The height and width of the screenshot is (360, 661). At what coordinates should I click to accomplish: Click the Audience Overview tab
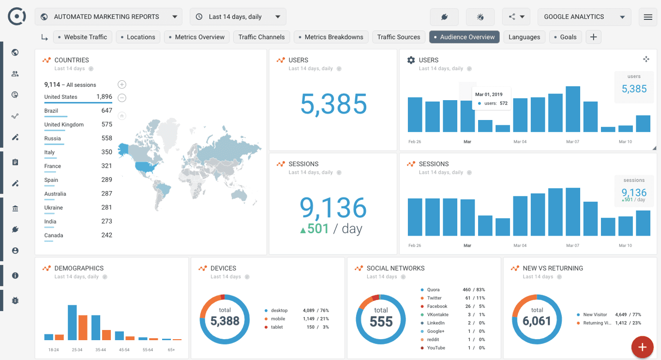tap(465, 37)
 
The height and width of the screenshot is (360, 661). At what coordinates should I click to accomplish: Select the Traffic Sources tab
tap(398, 37)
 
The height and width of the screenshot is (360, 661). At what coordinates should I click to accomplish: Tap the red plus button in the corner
tap(642, 347)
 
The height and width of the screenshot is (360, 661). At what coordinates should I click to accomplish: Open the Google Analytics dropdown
tap(584, 17)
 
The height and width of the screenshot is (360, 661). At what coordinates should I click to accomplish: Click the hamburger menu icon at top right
tap(648, 17)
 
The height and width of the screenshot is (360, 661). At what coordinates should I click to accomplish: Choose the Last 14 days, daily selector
tap(238, 17)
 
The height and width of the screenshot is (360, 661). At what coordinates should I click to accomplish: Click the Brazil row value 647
tap(106, 111)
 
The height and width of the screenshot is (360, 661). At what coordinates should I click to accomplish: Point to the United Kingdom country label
tap(64, 125)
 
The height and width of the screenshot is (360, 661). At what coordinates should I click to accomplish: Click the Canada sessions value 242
tap(106, 236)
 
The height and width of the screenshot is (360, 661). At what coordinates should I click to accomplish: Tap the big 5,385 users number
tap(333, 104)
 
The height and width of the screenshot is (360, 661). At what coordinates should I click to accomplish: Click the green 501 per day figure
tap(315, 228)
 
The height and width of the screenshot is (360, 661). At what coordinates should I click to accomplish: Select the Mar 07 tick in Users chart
tap(572, 142)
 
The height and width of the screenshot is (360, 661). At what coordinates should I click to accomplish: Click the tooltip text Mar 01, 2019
tap(489, 94)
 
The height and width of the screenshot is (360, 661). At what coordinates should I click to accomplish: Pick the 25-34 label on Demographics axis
tap(77, 349)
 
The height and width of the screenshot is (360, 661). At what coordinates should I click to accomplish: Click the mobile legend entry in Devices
tap(278, 319)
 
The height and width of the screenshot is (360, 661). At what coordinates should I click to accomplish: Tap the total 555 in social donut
tap(381, 322)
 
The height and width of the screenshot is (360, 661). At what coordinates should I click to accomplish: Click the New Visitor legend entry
tap(595, 315)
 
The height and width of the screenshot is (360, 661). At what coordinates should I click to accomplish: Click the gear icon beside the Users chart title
tap(411, 60)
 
